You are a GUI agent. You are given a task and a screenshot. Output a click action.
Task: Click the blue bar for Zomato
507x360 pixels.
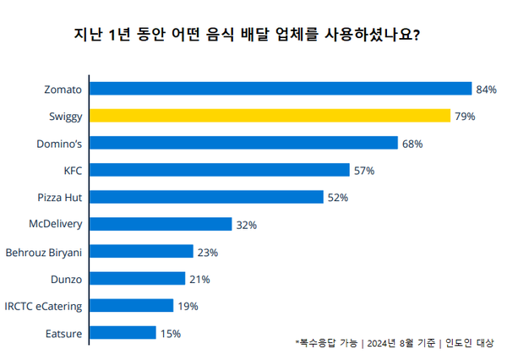280,89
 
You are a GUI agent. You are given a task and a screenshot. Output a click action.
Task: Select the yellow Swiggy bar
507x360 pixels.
269,116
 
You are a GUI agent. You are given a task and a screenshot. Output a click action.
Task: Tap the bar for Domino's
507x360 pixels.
243,143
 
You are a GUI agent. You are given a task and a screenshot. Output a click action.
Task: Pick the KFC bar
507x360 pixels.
219,170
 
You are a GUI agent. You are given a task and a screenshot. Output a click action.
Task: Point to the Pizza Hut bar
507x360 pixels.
205,197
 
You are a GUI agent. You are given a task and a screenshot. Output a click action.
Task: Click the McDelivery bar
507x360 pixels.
160,224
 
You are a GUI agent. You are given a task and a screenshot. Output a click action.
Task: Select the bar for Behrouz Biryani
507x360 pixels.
140,252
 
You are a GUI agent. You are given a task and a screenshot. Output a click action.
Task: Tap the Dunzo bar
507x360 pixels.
136,279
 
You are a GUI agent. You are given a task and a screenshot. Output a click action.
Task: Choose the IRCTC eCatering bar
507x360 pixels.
131,306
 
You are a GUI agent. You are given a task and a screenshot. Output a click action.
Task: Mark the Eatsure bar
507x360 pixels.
122,333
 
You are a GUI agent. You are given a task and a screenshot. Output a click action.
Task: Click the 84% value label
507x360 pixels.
486,89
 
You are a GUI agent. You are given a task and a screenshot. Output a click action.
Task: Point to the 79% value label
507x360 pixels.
465,116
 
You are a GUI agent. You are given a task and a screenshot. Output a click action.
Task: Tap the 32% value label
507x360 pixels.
247,225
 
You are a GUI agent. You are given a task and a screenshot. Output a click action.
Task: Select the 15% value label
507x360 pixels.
170,334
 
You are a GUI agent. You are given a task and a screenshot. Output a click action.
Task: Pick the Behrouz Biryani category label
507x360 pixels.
43,252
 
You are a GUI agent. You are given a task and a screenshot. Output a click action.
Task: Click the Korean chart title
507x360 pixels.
248,36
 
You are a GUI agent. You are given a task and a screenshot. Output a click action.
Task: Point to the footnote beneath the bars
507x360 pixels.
395,342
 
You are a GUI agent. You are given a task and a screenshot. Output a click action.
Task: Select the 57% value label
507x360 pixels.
364,171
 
